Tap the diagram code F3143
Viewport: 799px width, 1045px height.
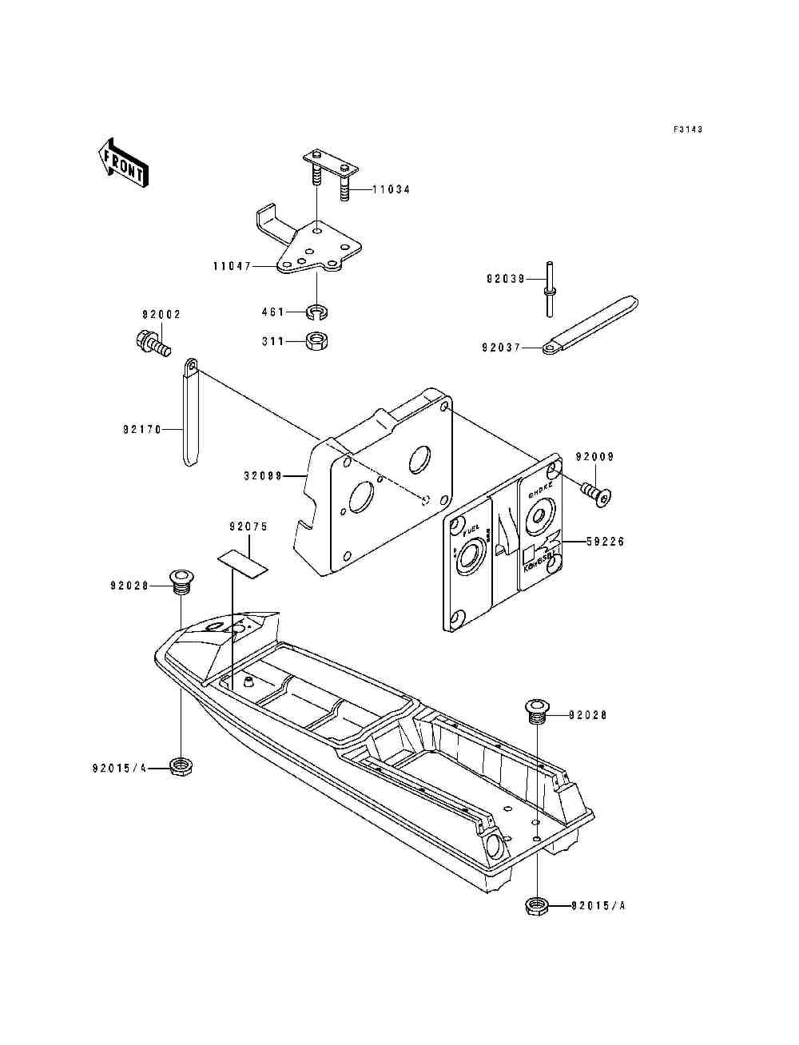pos(687,129)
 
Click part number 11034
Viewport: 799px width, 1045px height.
pos(392,190)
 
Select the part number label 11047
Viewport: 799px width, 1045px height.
pos(232,266)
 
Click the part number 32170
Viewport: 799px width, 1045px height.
pos(142,430)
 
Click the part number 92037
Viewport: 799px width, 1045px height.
pos(501,348)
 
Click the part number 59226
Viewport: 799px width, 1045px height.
pos(604,542)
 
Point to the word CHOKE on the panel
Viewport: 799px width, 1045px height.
pos(540,494)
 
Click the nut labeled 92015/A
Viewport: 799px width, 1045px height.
pos(537,906)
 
